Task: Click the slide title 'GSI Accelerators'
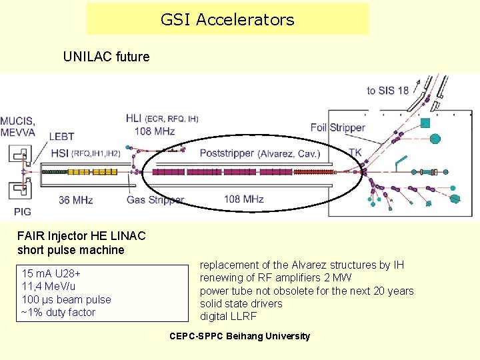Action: coord(227,20)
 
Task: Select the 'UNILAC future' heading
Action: coord(106,57)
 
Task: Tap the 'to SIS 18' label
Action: coord(388,91)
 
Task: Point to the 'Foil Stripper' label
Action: coord(338,127)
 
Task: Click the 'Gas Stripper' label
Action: coord(155,199)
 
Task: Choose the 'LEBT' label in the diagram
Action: coord(61,137)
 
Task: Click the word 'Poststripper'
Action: coord(227,153)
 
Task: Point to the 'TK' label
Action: coord(355,153)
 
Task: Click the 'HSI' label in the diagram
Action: coord(59,153)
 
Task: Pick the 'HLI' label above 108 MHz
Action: coord(133,119)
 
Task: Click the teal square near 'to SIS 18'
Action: coord(425,123)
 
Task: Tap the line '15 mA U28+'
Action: coord(51,274)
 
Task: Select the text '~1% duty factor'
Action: coord(59,312)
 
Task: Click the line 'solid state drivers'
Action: coord(241,303)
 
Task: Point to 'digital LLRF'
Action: coord(228,316)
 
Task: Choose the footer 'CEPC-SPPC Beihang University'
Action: coord(240,336)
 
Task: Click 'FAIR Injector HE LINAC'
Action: coord(81,235)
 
